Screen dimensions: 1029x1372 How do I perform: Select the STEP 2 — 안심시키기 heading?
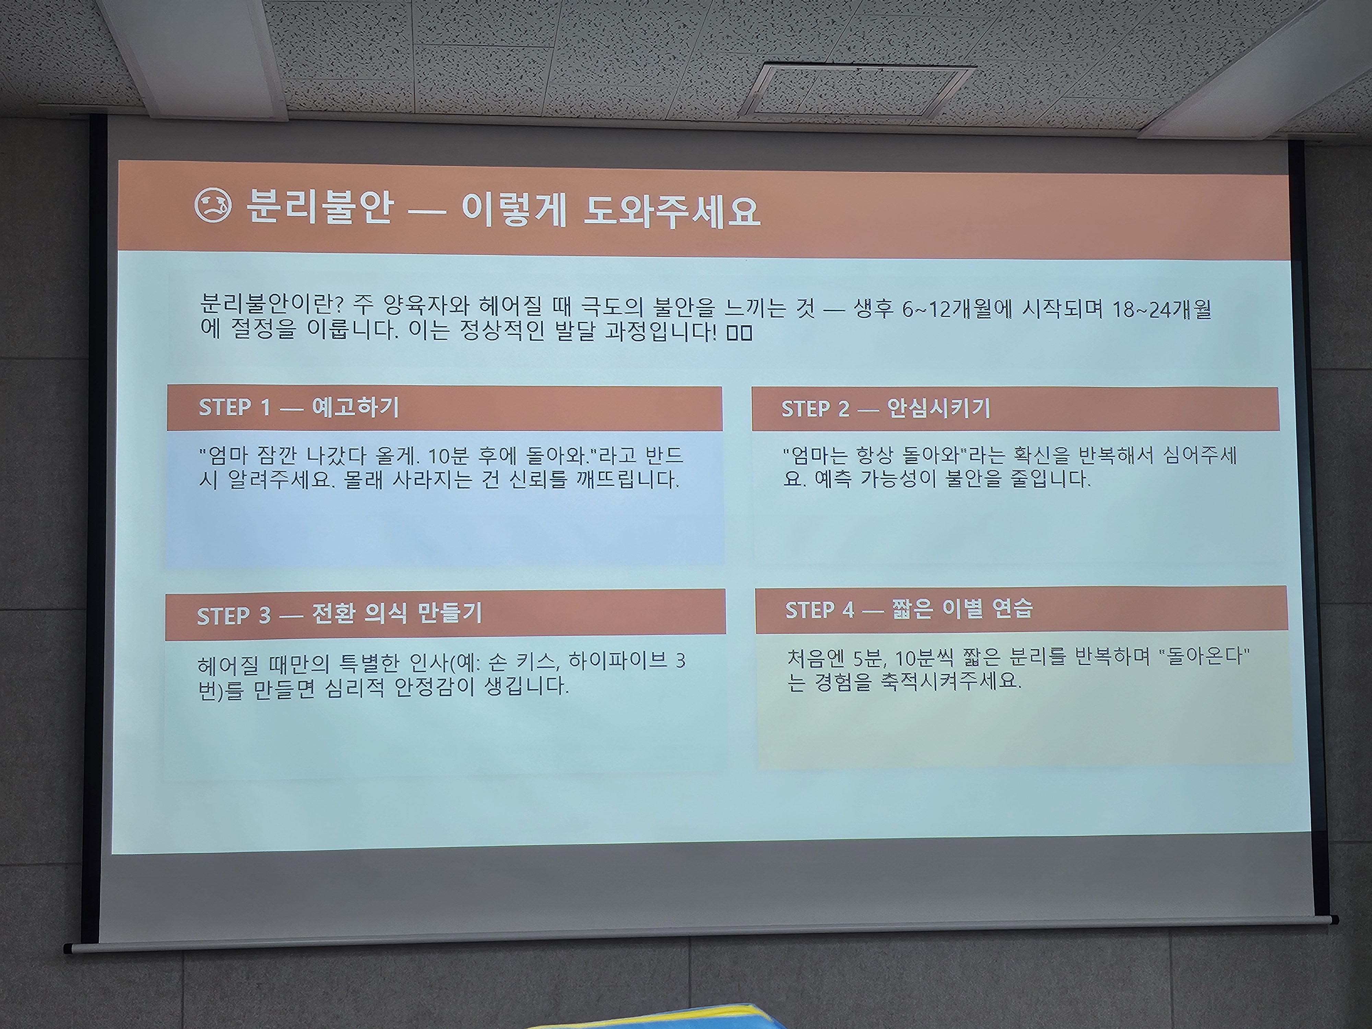tap(885, 408)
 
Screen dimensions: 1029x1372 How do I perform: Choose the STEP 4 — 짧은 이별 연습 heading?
tap(909, 609)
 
